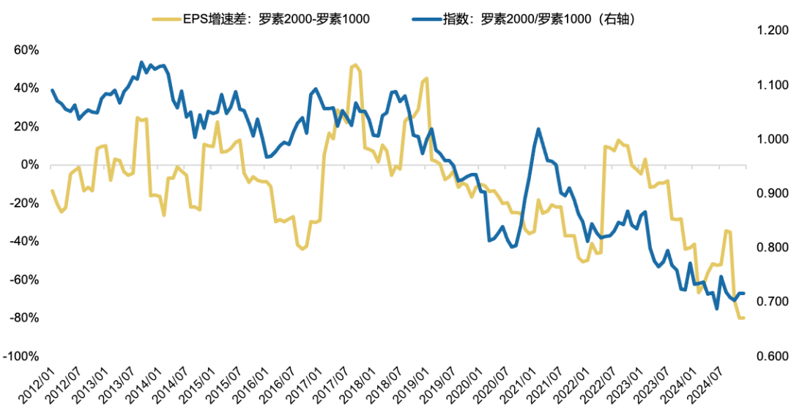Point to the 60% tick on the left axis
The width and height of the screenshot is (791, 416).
click(25, 51)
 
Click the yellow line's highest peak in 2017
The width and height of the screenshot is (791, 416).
click(355, 65)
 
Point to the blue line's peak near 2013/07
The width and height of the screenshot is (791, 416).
click(141, 62)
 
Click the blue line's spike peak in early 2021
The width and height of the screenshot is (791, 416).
click(538, 129)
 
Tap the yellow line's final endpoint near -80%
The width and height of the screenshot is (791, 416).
click(743, 318)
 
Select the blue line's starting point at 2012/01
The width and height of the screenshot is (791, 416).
click(52, 90)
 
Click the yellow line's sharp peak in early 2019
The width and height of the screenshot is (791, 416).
click(426, 78)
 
